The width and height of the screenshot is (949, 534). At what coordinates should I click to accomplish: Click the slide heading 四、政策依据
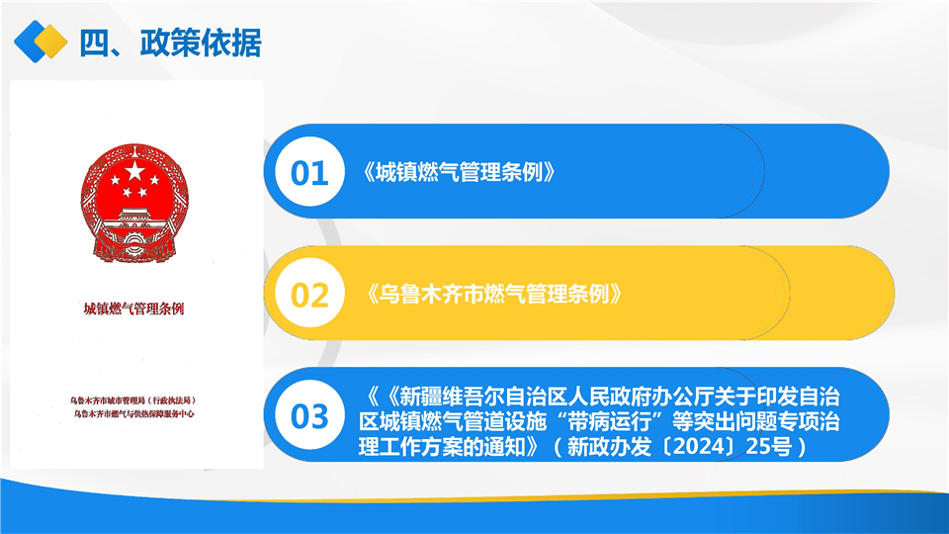coord(170,43)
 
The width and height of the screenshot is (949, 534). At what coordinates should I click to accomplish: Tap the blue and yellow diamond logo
coord(41,42)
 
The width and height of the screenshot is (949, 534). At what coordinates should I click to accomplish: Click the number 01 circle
coord(309,172)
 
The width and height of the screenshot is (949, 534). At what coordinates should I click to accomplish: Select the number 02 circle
coord(309,294)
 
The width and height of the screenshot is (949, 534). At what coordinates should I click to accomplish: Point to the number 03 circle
coord(309,415)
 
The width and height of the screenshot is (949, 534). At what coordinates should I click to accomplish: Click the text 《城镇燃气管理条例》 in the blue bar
coord(459,172)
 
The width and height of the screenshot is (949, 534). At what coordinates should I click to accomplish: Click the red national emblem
coord(134,203)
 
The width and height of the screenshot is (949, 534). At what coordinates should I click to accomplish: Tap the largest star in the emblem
coord(134,171)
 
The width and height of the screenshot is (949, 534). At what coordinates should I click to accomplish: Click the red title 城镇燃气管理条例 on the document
coord(133,309)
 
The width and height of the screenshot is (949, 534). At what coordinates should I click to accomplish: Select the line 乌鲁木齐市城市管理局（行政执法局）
coord(132,400)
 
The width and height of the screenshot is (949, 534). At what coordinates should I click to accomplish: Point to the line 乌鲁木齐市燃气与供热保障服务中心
coord(133,414)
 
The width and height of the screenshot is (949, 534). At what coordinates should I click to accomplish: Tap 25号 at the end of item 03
coord(769,447)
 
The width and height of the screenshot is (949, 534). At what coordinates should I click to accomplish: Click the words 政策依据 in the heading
coord(201,43)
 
